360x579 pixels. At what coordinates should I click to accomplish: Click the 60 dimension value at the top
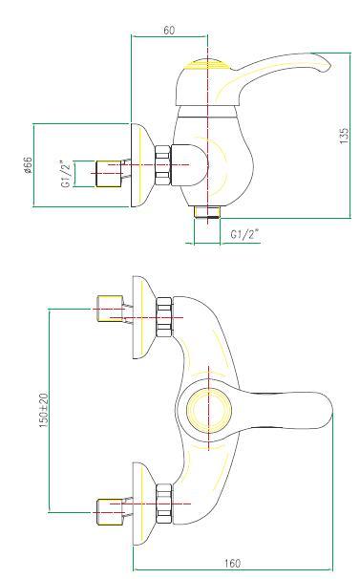tap(169, 30)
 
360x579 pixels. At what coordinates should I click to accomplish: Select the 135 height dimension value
tap(344, 136)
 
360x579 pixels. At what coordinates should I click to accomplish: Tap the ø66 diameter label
tap(28, 165)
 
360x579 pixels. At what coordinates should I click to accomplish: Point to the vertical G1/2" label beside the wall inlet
tap(66, 174)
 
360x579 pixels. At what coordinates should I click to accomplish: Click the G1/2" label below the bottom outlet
tap(244, 234)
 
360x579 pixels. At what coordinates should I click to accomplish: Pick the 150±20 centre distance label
tap(44, 410)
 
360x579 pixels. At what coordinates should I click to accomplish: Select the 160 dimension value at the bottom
tap(232, 564)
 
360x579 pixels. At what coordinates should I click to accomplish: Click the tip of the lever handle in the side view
tap(330, 66)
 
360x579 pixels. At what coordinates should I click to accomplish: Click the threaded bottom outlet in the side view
tap(207, 212)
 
